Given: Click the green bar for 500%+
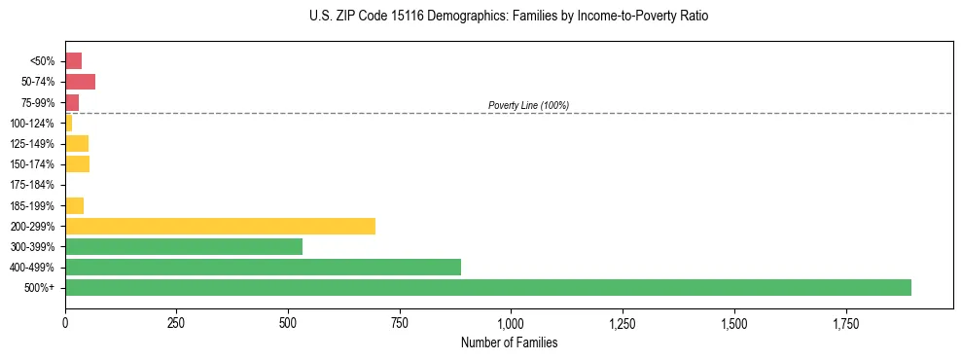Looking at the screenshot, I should pos(487,287).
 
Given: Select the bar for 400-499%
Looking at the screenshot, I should pos(263,267).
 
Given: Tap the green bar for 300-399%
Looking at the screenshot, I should pos(184,246).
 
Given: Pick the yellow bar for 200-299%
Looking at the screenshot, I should pos(220,226).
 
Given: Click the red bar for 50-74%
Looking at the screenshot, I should pos(80,82).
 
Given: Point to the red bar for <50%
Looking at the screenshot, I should pos(73,61).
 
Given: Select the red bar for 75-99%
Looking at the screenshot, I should pos(72,102).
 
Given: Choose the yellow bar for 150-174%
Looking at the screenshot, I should pos(77,164).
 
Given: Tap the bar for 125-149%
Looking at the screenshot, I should pos(77,144).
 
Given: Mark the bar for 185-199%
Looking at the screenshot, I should pos(74,205).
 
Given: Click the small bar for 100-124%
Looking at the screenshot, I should pos(68,124).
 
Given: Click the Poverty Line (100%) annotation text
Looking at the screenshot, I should pos(528,105).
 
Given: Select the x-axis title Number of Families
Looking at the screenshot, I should pos(509,342).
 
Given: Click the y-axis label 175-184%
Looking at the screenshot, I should pos(32,185).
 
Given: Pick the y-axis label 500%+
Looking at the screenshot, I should pos(41,288).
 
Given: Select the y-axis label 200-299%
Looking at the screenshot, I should pos(32,226).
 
